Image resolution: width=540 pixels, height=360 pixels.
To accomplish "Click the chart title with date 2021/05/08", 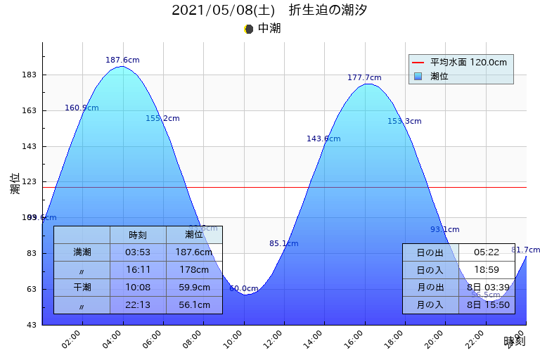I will coord(269,11).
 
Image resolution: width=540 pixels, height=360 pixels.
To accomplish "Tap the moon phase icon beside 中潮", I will coord(248,29).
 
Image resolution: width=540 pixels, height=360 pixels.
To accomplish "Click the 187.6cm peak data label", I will coord(122,60).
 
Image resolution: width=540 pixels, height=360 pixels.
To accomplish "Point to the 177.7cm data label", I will coord(364,78).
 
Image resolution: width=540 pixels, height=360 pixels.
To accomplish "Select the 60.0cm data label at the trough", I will coord(243,288).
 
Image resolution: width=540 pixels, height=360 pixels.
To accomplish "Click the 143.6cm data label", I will coord(323,139).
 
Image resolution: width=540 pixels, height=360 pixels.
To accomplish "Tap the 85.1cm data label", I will coord(283,244).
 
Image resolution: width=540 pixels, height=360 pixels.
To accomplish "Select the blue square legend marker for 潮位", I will coord(418,76).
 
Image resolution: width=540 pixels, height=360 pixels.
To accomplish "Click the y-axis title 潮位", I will coord(15,184).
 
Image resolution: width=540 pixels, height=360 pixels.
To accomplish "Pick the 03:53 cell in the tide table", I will coord(138,252).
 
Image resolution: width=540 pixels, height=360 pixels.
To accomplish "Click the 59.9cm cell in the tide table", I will coord(194,287).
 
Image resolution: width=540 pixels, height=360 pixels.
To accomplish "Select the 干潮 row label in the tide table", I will coord(82,287).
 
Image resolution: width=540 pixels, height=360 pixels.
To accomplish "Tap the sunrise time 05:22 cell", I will coord(487,252).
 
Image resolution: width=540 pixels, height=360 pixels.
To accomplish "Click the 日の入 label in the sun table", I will coord(430,270).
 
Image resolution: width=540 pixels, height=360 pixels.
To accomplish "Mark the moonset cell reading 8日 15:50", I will coord(487,305).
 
